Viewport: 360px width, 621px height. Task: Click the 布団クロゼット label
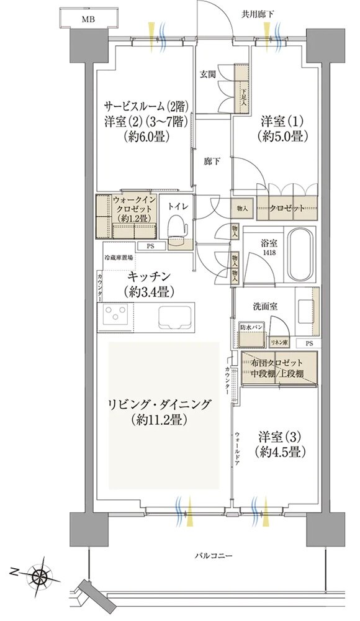277,363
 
